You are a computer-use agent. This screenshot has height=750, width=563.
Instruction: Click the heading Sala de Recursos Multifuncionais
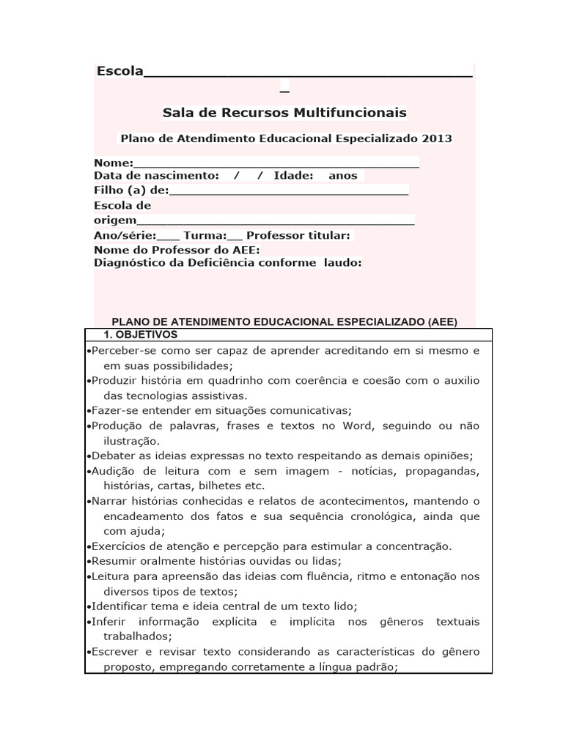[284, 113]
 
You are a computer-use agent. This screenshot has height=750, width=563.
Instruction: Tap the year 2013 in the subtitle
[437, 138]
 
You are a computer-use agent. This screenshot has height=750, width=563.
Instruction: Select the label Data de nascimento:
[156, 176]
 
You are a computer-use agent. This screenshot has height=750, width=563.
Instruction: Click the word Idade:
[293, 176]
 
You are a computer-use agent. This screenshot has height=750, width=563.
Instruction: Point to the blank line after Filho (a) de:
[289, 191]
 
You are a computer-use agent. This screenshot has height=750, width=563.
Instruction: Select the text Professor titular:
[299, 235]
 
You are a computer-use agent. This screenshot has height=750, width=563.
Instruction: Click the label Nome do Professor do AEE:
[177, 250]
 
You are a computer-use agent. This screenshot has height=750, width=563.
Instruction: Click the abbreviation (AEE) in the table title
[440, 322]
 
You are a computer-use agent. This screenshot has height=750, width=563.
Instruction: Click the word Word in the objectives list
[367, 426]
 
